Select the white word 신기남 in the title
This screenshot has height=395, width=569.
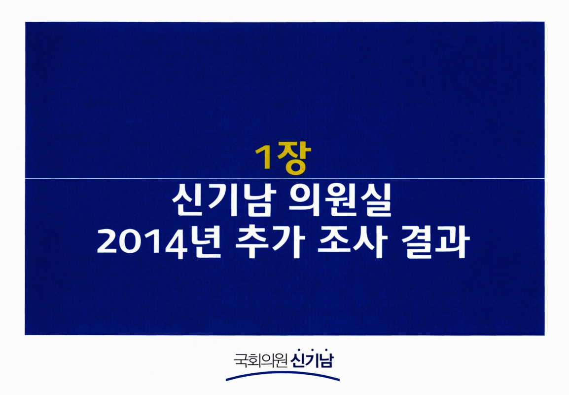tap(223, 204)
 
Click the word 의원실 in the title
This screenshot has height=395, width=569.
tap(347, 204)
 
